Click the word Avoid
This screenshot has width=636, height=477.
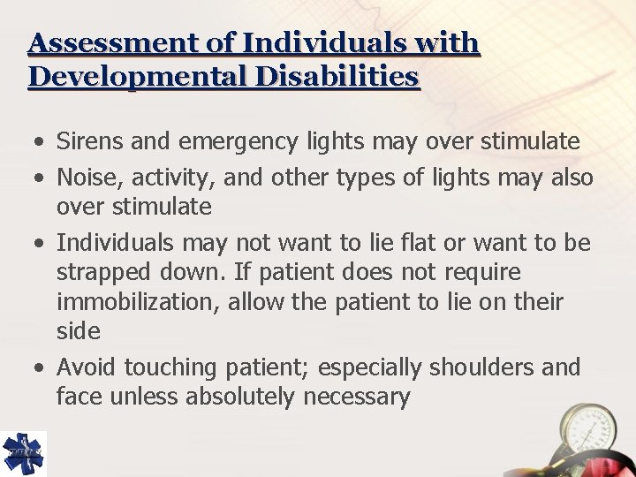point(87,367)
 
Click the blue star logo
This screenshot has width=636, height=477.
point(22,452)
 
